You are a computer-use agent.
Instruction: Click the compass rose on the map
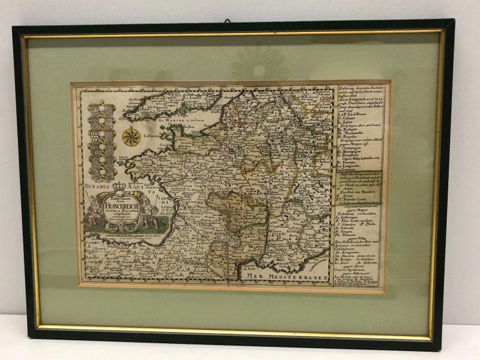131,136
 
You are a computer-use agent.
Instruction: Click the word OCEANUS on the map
94,186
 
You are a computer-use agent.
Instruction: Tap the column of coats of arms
102,140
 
